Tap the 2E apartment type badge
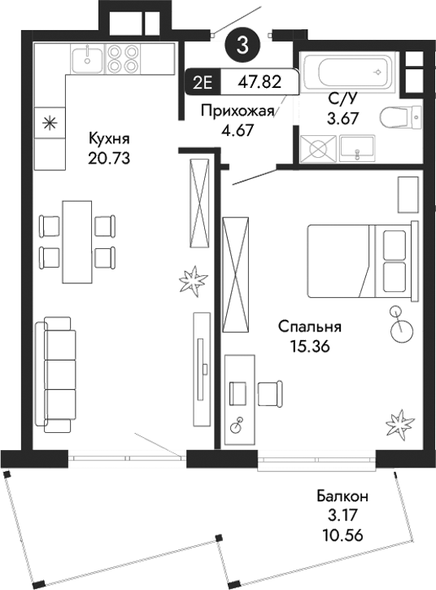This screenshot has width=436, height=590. pyautogui.click(x=203, y=81)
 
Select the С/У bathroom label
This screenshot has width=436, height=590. pyautogui.click(x=341, y=99)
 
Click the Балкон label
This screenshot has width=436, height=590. pyautogui.click(x=343, y=496)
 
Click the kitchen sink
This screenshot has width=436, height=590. pyautogui.click(x=85, y=58)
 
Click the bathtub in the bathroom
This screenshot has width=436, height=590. pyautogui.click(x=347, y=71)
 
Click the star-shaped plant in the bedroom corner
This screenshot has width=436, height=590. pyautogui.click(x=399, y=422)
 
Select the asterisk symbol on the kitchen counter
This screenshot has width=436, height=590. pyautogui.click(x=50, y=124)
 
